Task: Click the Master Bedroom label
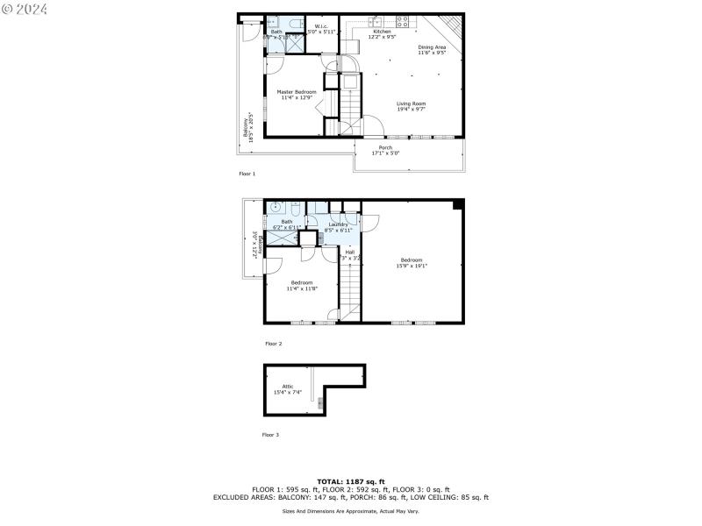pyautogui.click(x=297, y=92)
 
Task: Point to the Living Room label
pyautogui.click(x=411, y=104)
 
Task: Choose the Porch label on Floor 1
pyautogui.click(x=385, y=150)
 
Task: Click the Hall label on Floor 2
pyautogui.click(x=349, y=254)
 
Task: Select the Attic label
pyautogui.click(x=288, y=388)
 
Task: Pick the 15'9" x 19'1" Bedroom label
pyautogui.click(x=412, y=261)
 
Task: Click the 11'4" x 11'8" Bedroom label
pyautogui.click(x=302, y=285)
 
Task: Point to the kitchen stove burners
pyautogui.click(x=403, y=20)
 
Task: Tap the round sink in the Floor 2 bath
pyautogui.click(x=276, y=208)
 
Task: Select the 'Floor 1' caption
pyautogui.click(x=247, y=174)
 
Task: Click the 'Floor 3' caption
pyautogui.click(x=270, y=435)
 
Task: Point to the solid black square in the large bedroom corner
pyautogui.click(x=458, y=205)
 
